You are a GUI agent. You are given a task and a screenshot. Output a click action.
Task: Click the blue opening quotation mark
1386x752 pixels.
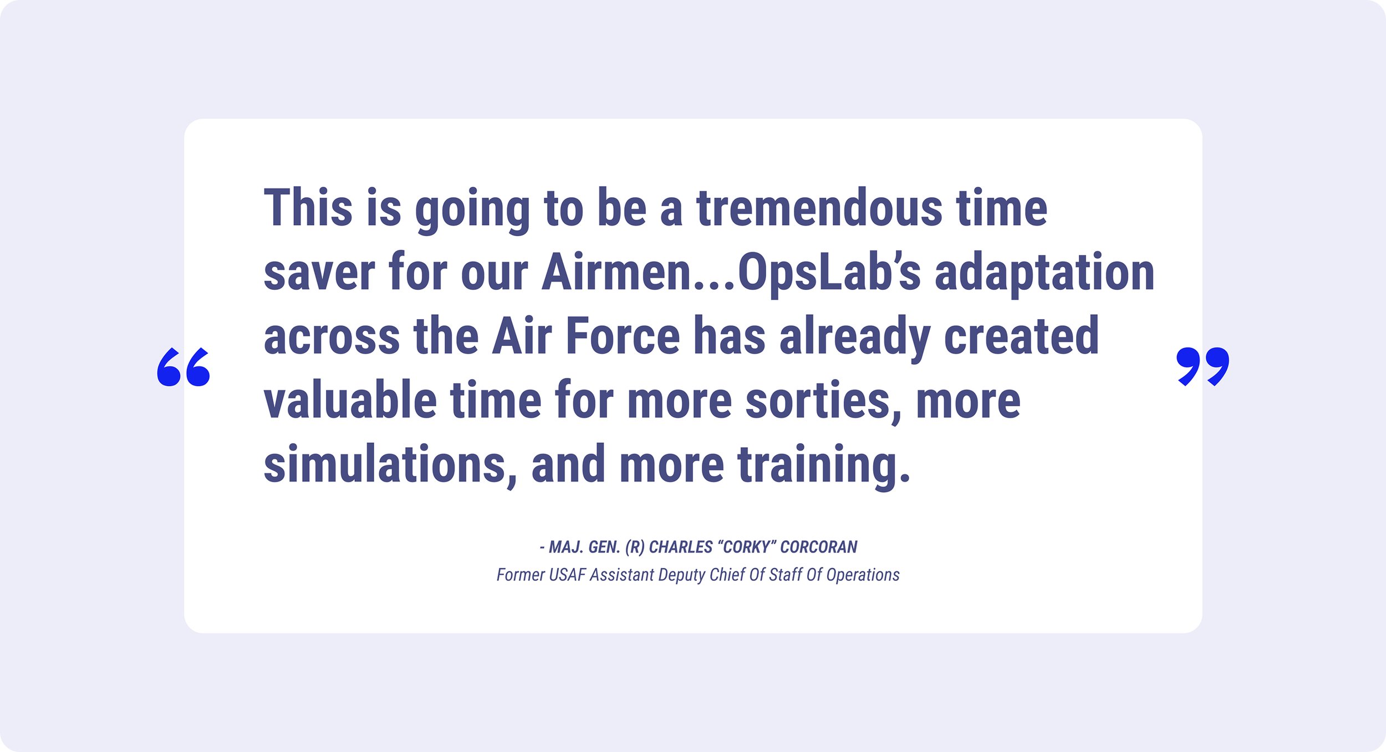[184, 367]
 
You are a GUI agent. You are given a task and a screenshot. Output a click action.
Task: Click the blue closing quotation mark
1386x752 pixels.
[1202, 367]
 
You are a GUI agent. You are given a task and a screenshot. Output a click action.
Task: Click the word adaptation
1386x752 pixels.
[1044, 274]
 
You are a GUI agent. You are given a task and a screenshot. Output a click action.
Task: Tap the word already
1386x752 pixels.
[854, 338]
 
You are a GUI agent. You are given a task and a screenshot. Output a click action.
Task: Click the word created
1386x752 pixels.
[1021, 336]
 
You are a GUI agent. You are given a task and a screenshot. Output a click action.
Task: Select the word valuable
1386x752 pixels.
[350, 400]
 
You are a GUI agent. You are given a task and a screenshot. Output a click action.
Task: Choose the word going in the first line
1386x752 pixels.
[472, 211]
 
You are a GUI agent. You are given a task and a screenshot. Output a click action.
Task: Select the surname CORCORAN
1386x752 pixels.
[819, 547]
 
